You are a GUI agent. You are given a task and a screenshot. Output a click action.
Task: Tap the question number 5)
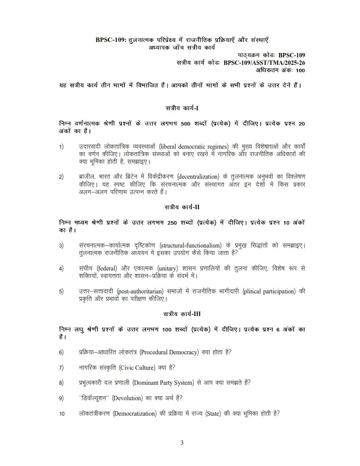click(x=61, y=292)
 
